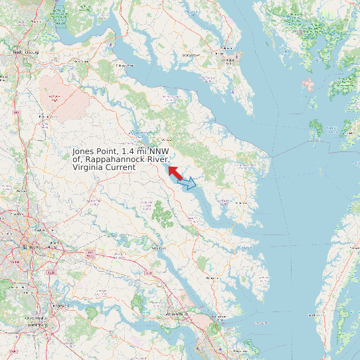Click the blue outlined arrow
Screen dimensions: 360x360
point(189,184)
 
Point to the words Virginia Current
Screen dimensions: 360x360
point(104,167)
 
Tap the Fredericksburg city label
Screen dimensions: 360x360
point(26,51)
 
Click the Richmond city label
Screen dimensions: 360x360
point(27,246)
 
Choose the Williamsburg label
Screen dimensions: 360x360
point(177,313)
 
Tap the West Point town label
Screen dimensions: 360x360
point(159,248)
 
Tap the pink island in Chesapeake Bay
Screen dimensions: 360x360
point(308,84)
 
